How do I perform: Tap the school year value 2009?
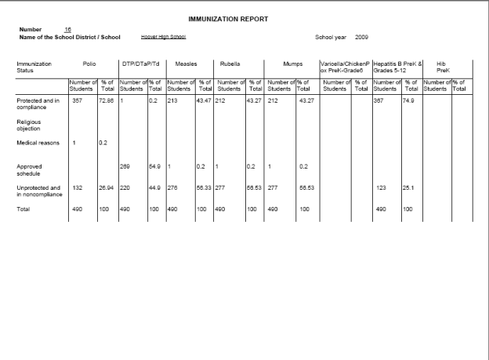[x=361, y=37]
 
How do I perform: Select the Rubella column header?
[x=238, y=64]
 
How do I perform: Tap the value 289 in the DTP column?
[x=124, y=166]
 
